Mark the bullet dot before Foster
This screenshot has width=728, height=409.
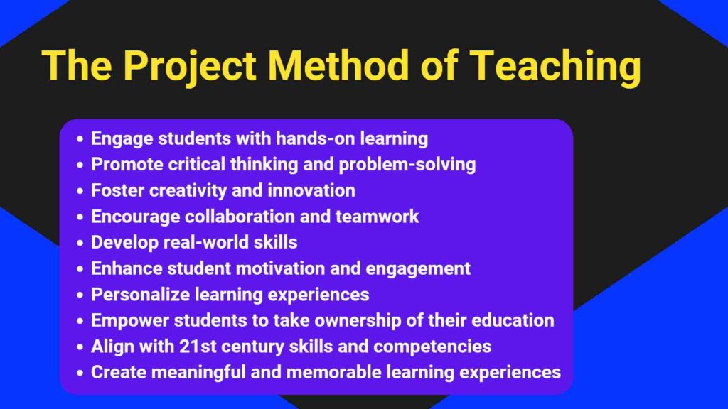[x=80, y=191]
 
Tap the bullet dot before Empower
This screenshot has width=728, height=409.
[x=80, y=321]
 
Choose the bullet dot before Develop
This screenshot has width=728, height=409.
[x=80, y=243]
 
